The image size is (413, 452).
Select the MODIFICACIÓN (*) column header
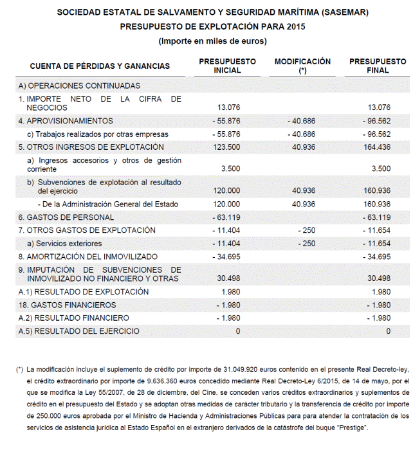point(302,66)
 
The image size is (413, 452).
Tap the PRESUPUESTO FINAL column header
point(378,66)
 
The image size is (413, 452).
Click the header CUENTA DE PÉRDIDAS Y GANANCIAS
point(100,66)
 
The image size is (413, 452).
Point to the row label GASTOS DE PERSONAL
point(66,217)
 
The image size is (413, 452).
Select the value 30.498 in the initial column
point(228,278)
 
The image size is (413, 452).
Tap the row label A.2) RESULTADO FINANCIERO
point(74,318)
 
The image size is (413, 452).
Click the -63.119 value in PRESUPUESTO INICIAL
point(226,217)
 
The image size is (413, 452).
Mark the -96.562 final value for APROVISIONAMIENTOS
point(376,121)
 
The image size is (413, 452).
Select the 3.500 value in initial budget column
point(230,168)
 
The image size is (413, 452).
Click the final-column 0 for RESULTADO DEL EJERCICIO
point(388,331)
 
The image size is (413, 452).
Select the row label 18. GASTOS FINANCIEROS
point(68,305)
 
